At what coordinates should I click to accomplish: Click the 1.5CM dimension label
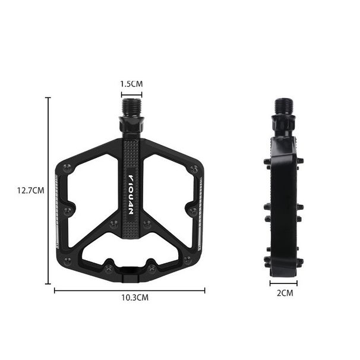[x=131, y=84]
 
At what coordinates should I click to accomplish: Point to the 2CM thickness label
[x=285, y=293]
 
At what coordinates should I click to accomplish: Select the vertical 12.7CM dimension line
[x=48, y=190]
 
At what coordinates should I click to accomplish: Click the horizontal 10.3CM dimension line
[x=130, y=290]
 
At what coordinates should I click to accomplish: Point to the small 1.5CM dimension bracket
[x=131, y=93]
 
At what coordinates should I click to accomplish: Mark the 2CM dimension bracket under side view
[x=284, y=283]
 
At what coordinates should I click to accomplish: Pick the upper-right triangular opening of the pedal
[x=169, y=178]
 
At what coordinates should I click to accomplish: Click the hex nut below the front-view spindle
[x=131, y=125]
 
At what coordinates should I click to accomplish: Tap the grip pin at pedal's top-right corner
[x=194, y=170]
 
